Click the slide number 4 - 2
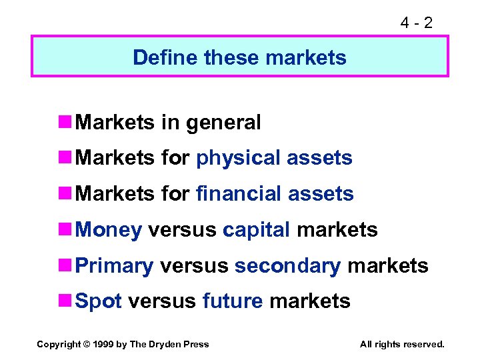(416, 23)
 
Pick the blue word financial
(239, 194)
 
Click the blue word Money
(109, 230)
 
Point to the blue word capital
(257, 230)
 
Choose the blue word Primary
(115, 266)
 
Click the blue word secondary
(288, 266)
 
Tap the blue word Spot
(99, 301)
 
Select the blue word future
(233, 301)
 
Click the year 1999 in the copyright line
(103, 344)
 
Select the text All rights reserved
(401, 344)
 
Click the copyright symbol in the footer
(85, 344)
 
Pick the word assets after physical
(320, 159)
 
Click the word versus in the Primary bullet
(194, 266)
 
